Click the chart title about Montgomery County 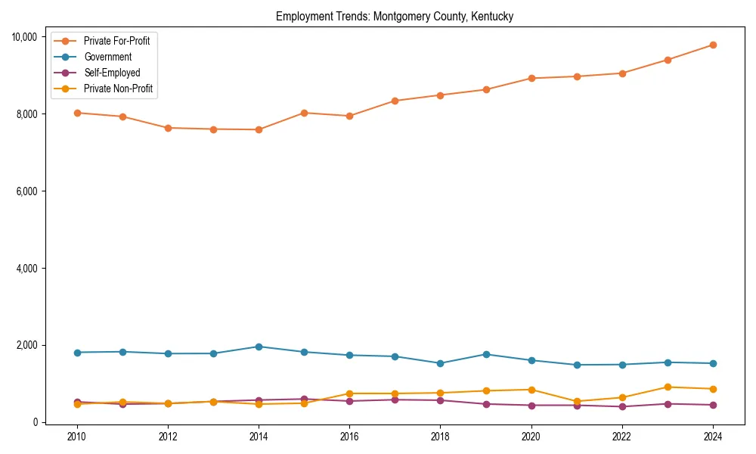[395, 17]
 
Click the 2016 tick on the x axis [349, 437]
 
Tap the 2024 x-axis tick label [713, 437]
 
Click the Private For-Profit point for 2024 [713, 45]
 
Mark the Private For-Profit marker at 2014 [259, 129]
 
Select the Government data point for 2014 [259, 347]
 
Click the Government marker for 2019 [486, 354]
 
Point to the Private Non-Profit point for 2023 [668, 387]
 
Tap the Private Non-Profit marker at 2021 [577, 401]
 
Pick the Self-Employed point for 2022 [622, 406]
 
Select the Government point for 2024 [713, 363]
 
